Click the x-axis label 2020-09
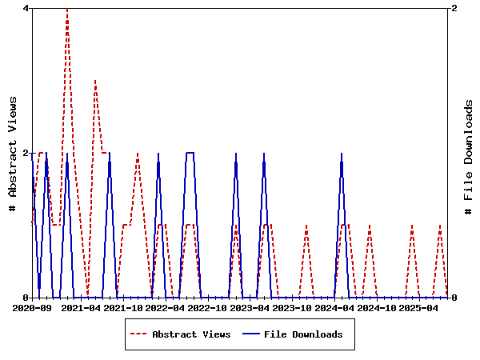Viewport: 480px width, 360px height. coord(33,307)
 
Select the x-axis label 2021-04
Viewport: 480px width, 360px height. coord(82,307)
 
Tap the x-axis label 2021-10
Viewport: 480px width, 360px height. coord(124,307)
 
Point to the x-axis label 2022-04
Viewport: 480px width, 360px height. coord(166,307)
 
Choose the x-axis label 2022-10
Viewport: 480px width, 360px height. coord(208,307)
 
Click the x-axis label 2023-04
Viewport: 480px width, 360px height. coord(250,307)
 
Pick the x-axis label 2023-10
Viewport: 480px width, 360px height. coord(292,307)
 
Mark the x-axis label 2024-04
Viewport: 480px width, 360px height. coord(334,307)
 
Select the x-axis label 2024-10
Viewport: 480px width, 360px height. coord(376,307)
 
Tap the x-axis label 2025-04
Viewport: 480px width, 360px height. coord(418,307)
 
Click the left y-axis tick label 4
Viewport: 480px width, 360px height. coord(26,8)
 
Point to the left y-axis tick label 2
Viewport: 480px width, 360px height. coord(26,153)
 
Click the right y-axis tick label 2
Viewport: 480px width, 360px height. coord(454,8)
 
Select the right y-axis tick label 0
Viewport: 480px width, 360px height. coord(454,298)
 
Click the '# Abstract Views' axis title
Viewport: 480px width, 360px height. coord(13,153)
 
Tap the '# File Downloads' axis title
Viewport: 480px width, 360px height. coord(470,153)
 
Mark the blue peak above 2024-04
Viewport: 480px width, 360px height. coord(342,153)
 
